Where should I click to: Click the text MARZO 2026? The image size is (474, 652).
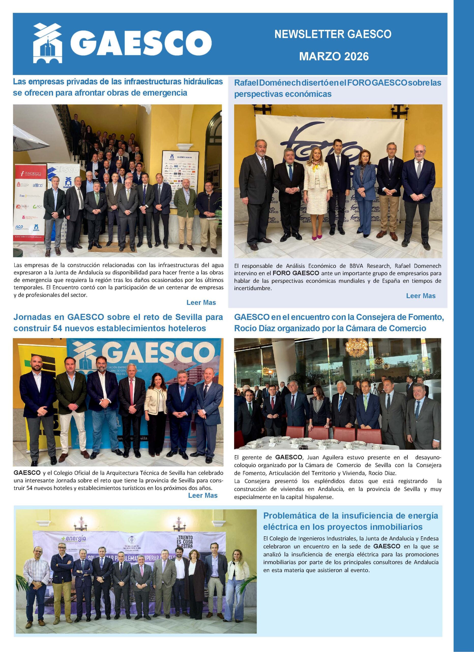click(x=334, y=56)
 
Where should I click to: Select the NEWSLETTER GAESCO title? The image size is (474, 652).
click(x=333, y=34)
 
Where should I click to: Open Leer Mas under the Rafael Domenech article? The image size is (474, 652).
click(x=421, y=296)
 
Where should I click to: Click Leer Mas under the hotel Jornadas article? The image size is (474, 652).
click(x=203, y=495)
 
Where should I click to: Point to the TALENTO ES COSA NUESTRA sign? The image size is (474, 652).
click(x=185, y=542)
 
